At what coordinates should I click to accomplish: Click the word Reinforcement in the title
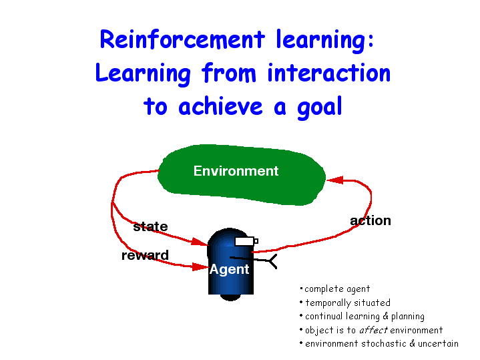coord(182,39)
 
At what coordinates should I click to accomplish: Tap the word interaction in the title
coord(328,73)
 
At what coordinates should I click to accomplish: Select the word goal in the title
coord(320,108)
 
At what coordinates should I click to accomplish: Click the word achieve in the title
coord(220,106)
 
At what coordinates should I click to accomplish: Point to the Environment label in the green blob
coord(236,171)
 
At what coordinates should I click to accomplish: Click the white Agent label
coord(229,270)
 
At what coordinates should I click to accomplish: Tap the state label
coord(150,226)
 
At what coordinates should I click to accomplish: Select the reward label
coord(145,255)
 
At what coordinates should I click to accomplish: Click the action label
coord(371,220)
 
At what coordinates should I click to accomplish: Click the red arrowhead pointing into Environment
coord(335,180)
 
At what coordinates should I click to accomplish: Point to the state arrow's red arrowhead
coord(200,242)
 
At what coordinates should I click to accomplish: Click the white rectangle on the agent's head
coord(244,241)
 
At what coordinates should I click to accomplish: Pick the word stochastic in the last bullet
coord(384,343)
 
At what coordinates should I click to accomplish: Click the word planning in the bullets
coord(408,317)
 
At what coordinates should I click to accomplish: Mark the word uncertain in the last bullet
coord(438,343)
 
